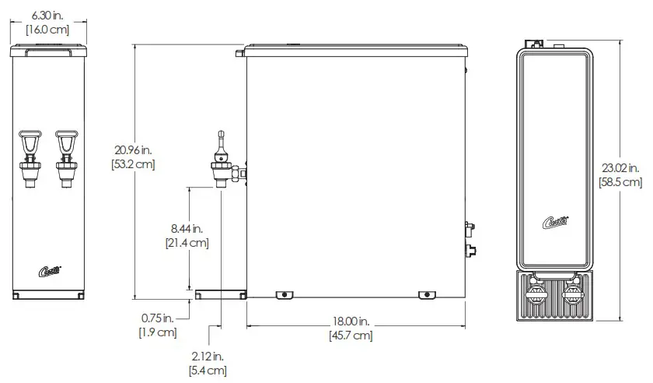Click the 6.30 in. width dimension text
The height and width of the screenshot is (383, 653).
47,15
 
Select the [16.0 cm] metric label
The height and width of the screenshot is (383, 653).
47,30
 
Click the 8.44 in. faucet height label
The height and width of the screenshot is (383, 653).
187,228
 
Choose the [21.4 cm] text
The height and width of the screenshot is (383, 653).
187,243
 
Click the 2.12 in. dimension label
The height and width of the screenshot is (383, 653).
208,357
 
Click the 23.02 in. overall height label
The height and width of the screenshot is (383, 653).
620,167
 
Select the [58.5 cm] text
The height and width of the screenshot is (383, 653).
620,182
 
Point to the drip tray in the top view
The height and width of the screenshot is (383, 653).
555,296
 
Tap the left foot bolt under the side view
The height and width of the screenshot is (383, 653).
285,294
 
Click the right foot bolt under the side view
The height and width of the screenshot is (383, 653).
427,294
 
